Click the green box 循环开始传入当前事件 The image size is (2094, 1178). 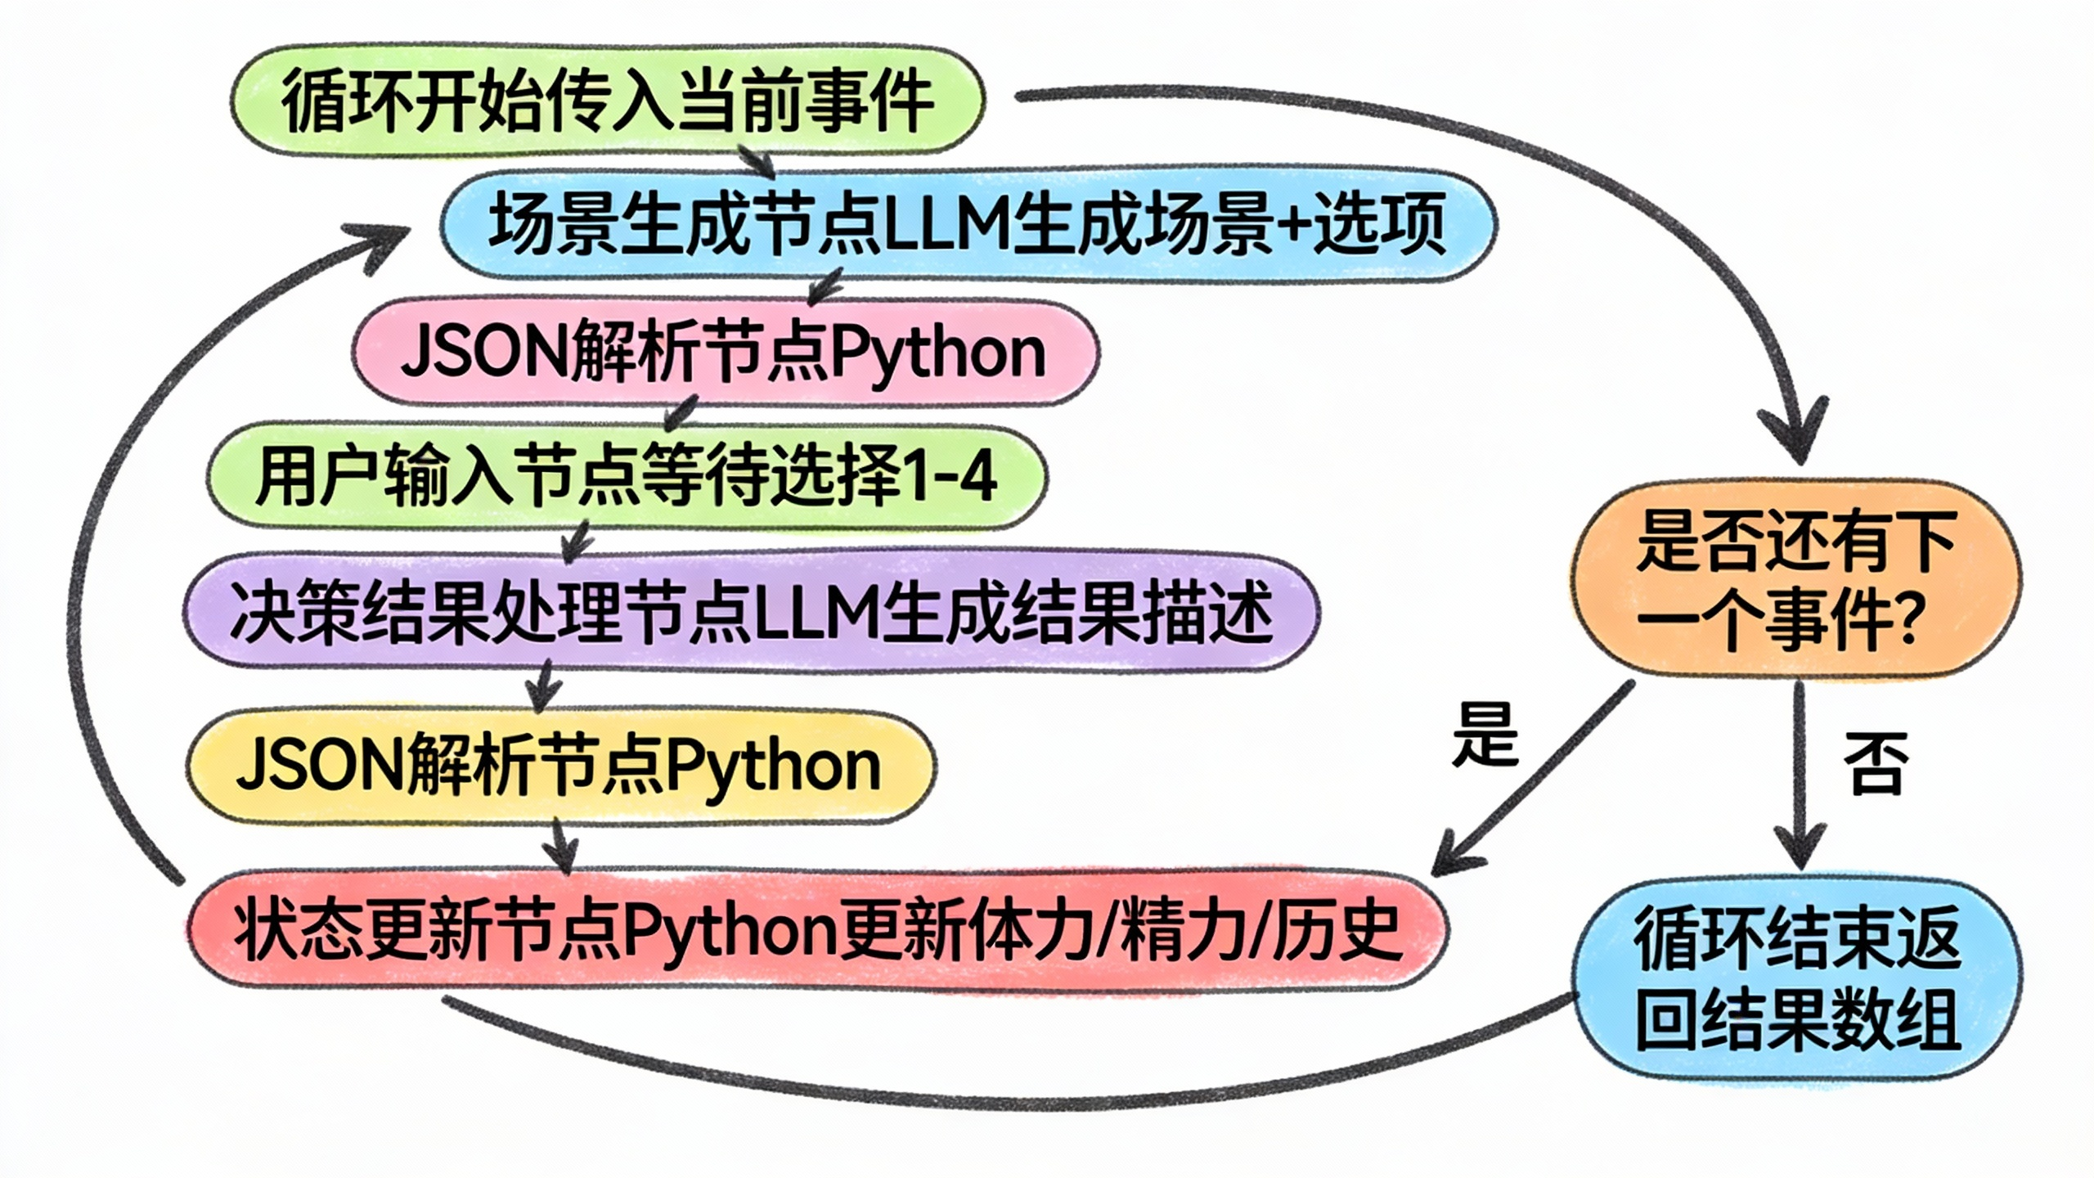click(x=607, y=101)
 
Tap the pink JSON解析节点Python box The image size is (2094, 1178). click(x=725, y=353)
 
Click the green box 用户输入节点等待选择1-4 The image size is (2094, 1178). click(x=627, y=476)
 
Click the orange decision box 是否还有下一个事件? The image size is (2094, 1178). click(x=1796, y=579)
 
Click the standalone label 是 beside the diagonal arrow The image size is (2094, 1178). click(x=1484, y=735)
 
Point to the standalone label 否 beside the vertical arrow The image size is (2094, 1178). click(x=1875, y=762)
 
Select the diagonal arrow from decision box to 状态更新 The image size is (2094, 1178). click(x=1538, y=777)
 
